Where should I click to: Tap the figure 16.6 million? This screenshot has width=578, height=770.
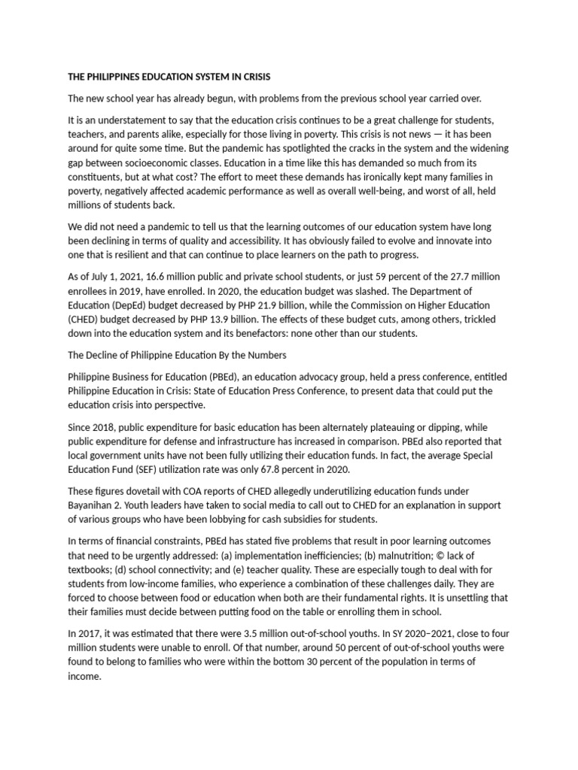(181, 277)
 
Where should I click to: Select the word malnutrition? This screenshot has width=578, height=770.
(412, 555)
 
